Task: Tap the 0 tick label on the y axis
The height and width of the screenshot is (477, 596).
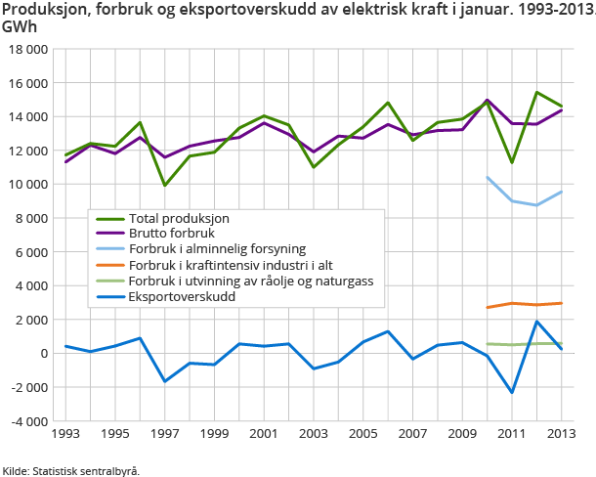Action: (x=44, y=353)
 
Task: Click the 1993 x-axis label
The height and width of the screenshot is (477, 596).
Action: (x=65, y=433)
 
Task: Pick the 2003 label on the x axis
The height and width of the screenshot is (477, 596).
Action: (x=312, y=433)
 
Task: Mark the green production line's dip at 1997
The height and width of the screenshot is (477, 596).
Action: (x=164, y=185)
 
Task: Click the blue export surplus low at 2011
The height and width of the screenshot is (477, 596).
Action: (x=511, y=392)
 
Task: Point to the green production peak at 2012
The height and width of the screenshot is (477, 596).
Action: (x=535, y=93)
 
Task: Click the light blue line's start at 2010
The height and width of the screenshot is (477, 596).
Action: (x=487, y=177)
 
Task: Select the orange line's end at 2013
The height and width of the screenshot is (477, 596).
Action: (x=560, y=303)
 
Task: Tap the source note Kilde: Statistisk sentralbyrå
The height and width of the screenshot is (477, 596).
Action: (x=71, y=470)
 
